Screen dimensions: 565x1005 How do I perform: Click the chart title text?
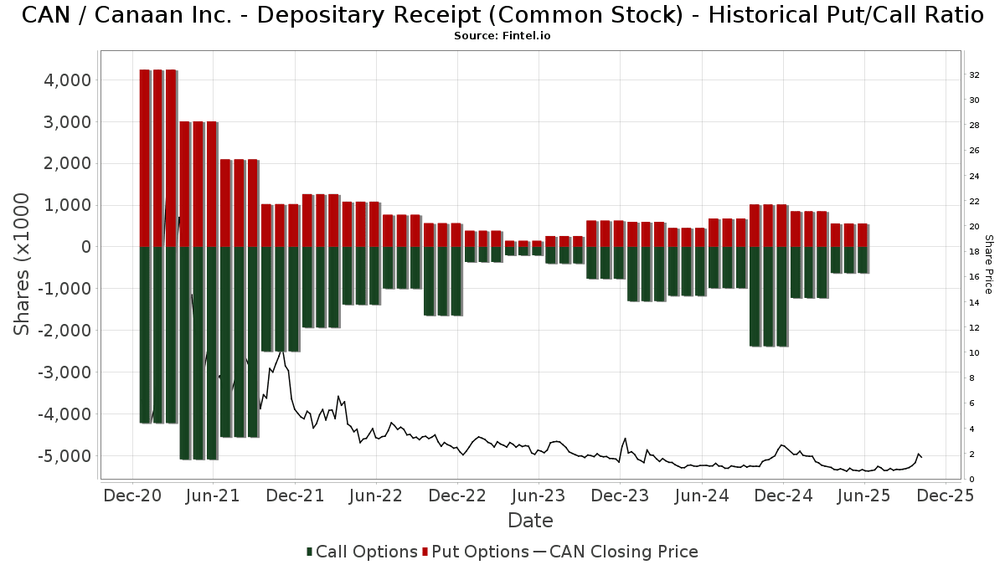pos(502,15)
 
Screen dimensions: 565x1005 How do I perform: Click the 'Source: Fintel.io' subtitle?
pos(502,36)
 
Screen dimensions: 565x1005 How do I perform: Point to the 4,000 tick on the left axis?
pos(66,80)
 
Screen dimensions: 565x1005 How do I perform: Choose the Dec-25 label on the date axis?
pos(946,496)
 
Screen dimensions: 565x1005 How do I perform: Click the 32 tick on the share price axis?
pos(974,75)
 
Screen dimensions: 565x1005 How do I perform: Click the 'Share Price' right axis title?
pos(989,264)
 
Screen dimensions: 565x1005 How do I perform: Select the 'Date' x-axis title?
pos(530,521)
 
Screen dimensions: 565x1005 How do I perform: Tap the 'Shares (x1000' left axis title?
pos(23,264)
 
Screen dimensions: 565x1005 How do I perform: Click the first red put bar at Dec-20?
pos(144,158)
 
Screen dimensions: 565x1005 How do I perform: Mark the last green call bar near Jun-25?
pos(863,259)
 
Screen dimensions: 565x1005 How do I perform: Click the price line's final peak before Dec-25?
pos(919,453)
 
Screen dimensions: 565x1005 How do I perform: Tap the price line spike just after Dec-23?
pos(625,439)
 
